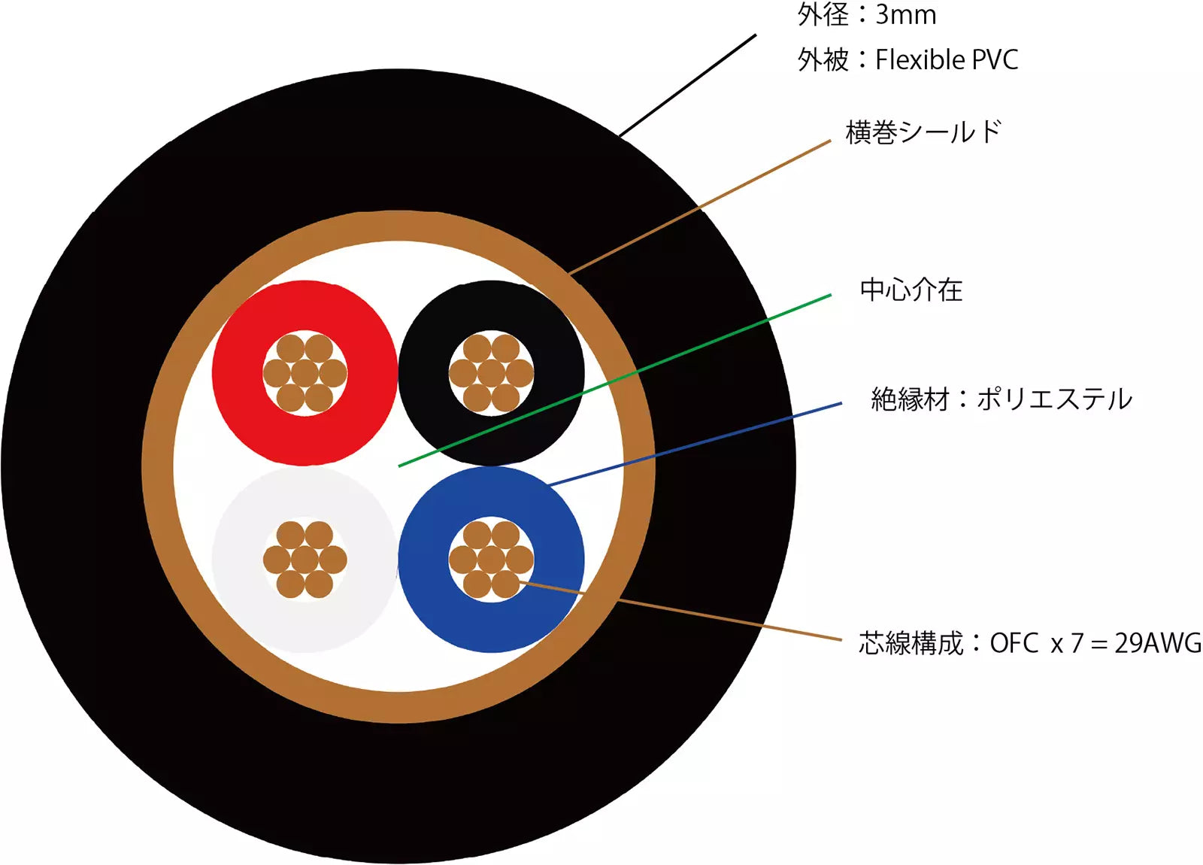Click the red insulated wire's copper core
tap(305, 373)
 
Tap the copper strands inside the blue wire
tap(491, 560)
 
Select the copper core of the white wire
tap(305, 560)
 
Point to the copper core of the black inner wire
tap(491, 373)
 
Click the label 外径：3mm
tap(867, 14)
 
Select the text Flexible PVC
tap(947, 59)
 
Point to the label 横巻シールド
tap(923, 132)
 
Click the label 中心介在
tap(911, 290)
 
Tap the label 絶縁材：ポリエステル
tap(1001, 399)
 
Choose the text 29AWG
tap(1158, 643)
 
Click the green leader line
tap(614, 381)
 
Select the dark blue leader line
tap(695, 445)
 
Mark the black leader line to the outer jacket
tap(687, 86)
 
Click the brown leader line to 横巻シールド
tap(699, 208)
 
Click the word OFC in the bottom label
tap(1014, 643)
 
